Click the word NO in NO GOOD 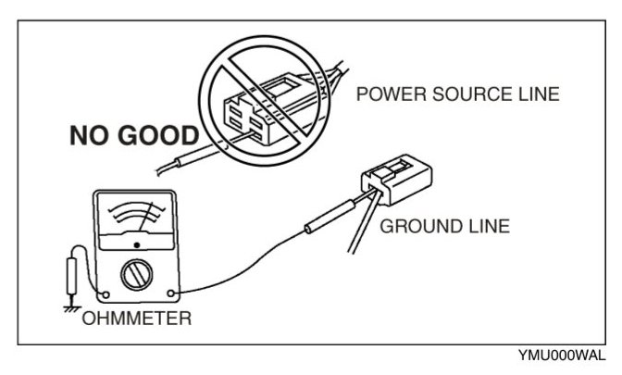91,137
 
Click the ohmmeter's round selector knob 138,274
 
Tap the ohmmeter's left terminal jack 105,297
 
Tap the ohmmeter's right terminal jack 172,295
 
